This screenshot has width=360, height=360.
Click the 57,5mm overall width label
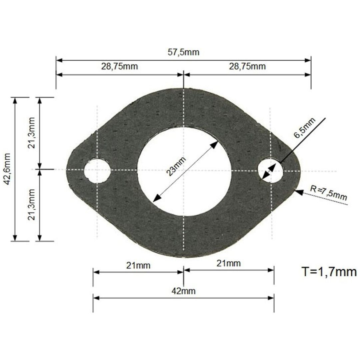coord(183,52)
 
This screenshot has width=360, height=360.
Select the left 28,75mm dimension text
coord(120,66)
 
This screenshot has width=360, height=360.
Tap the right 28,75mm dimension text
coord(247,66)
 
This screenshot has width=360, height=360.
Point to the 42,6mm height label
coord(7,169)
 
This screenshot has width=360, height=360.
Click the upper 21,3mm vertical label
coord(31,133)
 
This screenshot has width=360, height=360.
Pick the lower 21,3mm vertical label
coord(31,205)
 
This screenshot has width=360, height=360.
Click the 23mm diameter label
coord(176,166)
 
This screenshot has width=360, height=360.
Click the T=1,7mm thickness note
coord(329,272)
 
